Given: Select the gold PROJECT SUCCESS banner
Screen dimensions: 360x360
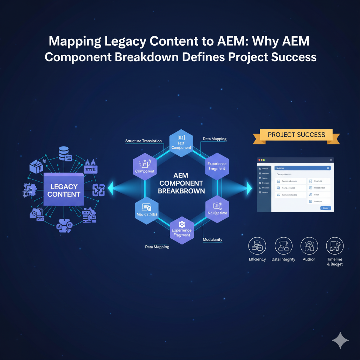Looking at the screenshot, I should pos(296,135).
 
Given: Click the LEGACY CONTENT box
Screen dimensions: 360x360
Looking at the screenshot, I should pos(64,190).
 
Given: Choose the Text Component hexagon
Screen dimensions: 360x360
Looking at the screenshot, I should pos(181,142).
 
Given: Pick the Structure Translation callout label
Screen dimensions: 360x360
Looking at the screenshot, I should pos(143,141).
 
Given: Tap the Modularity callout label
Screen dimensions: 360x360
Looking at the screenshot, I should pos(212,239).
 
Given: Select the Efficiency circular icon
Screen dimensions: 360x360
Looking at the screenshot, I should pos(257,245).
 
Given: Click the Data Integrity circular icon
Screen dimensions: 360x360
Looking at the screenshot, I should pos(283,245).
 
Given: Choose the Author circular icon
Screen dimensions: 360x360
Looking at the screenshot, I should pos(309,245).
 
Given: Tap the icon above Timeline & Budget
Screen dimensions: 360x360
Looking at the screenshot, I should pos(335,245).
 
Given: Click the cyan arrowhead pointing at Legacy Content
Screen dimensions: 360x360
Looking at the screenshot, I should pos(110,188).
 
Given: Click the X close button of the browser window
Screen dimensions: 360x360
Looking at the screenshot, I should pos(330,160).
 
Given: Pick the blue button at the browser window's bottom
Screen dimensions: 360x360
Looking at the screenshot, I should pos(326,208).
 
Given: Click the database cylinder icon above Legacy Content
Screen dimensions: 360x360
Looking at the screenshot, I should pos(64,152).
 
